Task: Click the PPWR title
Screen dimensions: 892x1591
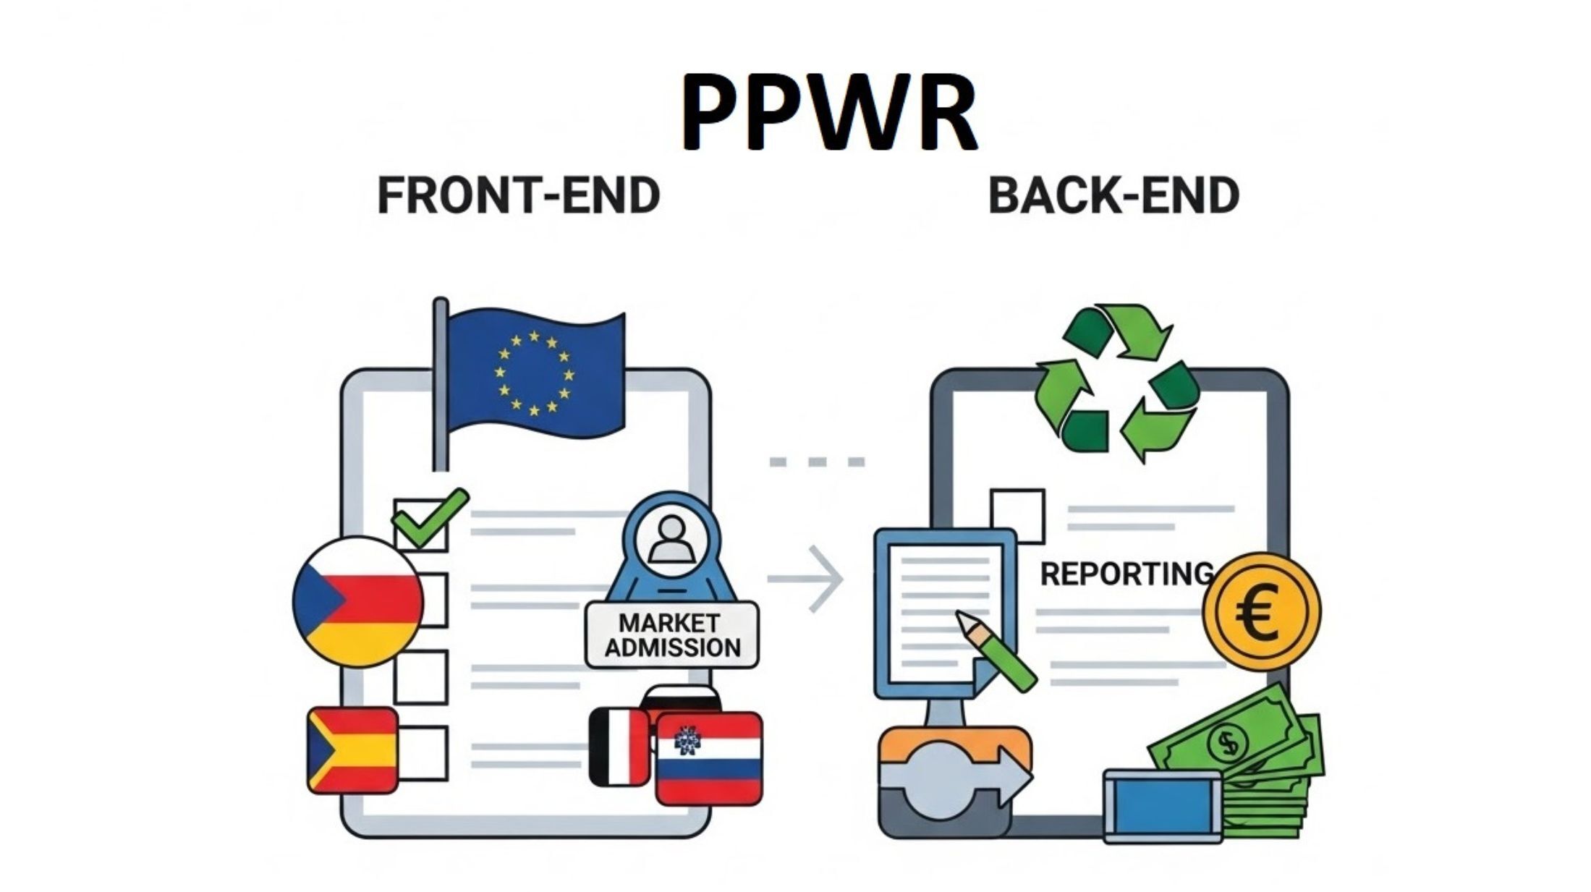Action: pos(828,112)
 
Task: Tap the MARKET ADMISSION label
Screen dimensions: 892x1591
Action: pos(672,634)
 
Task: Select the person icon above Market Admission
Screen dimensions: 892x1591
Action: pos(671,539)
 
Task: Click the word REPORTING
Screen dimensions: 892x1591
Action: pos(1126,574)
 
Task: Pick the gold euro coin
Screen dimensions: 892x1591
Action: pos(1261,612)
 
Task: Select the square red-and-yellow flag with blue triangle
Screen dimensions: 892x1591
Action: pos(352,750)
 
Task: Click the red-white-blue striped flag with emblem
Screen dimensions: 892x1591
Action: pos(709,759)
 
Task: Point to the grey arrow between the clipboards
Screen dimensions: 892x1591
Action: pos(807,579)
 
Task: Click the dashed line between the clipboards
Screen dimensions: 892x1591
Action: pos(817,462)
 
